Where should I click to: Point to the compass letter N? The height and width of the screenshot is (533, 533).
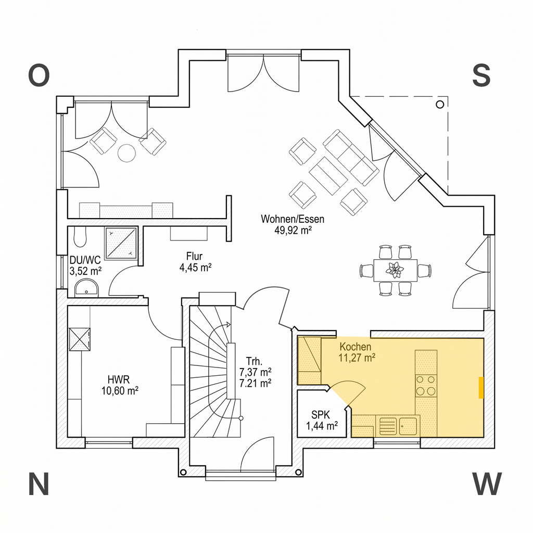point(39,484)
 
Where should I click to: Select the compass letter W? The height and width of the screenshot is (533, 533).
point(487,484)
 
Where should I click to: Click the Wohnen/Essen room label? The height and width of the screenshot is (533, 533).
point(293,219)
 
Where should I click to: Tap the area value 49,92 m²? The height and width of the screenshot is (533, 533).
point(293,230)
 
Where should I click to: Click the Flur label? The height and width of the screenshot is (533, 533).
point(195,256)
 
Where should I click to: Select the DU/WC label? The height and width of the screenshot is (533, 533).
point(85,260)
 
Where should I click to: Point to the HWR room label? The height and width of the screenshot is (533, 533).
point(119,379)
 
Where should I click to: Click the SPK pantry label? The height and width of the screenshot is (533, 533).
point(321,415)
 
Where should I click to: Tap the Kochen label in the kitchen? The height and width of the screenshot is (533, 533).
point(355,347)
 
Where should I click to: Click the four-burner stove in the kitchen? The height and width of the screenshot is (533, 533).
point(426,385)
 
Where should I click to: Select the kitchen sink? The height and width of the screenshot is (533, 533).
point(398,426)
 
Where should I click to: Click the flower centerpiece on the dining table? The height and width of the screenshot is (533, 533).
point(395,270)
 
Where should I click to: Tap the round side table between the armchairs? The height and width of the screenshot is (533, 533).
point(127,154)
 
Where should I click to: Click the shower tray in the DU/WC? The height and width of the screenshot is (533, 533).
point(121,244)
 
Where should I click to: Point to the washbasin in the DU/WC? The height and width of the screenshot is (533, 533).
point(87,288)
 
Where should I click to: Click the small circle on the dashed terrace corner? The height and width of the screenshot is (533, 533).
point(440,105)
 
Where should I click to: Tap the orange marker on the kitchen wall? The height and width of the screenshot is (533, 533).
point(481,387)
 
